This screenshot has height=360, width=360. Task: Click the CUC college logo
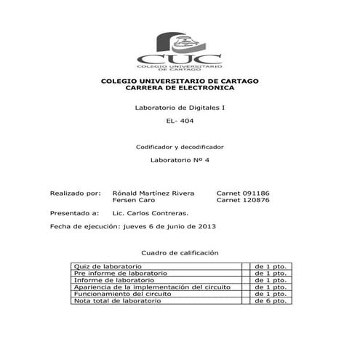(x=180, y=49)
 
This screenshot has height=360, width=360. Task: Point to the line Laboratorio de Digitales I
(x=180, y=108)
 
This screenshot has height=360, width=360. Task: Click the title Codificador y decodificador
(x=180, y=147)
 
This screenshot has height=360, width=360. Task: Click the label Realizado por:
(x=74, y=193)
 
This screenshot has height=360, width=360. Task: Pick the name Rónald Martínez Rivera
(x=153, y=193)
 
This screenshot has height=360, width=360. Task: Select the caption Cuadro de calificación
(x=180, y=252)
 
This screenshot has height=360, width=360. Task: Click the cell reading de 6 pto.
(x=271, y=301)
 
